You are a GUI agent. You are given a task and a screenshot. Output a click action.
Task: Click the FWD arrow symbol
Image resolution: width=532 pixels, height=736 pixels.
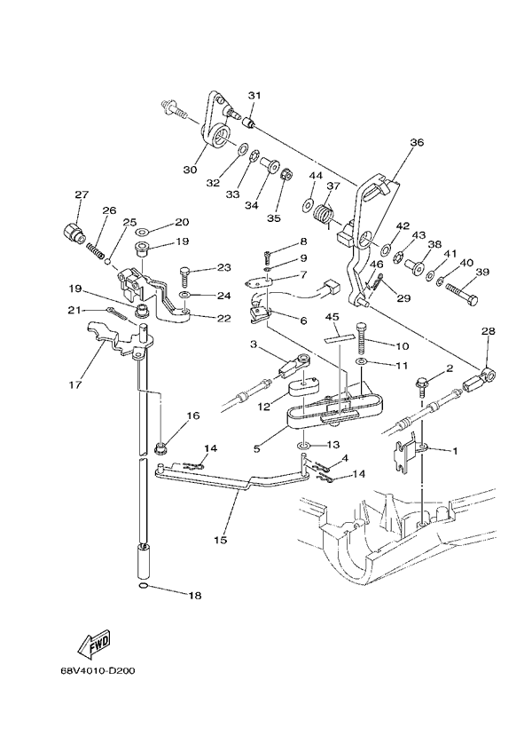pos(92,641)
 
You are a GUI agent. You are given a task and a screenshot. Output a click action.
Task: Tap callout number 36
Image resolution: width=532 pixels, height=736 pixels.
pos(417,142)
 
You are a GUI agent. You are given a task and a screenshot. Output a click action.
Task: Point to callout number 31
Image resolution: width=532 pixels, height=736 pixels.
pos(254,96)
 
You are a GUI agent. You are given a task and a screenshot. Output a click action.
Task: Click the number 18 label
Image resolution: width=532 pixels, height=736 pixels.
pos(194,596)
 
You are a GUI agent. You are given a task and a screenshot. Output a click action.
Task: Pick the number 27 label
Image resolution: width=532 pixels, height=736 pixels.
pos(82,194)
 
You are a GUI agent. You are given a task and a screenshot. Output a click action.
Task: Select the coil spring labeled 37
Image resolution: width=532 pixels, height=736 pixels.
pos(324,215)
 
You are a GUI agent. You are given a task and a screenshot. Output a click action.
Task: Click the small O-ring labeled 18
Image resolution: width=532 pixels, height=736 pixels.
pos(144,588)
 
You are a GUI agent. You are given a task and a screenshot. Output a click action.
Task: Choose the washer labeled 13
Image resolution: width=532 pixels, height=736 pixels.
pos(303,442)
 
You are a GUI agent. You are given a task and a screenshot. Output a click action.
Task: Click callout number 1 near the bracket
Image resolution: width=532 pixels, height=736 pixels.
pos(455,451)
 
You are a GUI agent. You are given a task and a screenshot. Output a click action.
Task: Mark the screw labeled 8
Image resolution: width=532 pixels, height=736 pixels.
pos(269,256)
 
